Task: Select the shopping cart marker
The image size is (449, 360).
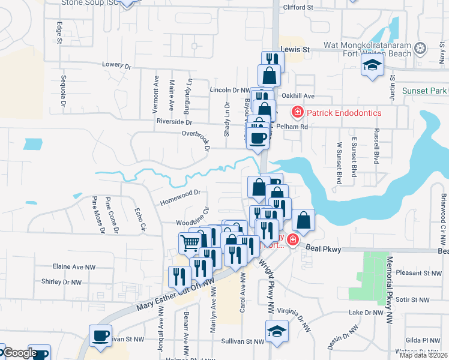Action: [x=190, y=243]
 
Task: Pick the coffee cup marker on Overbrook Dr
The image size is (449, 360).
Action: [x=258, y=138]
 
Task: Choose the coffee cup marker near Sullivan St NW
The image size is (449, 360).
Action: [x=100, y=335]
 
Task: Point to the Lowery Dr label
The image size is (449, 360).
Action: [x=116, y=65]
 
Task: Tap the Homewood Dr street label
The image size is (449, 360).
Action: [x=179, y=197]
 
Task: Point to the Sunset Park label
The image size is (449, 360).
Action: [x=425, y=91]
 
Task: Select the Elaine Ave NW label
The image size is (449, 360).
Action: [x=74, y=266]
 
